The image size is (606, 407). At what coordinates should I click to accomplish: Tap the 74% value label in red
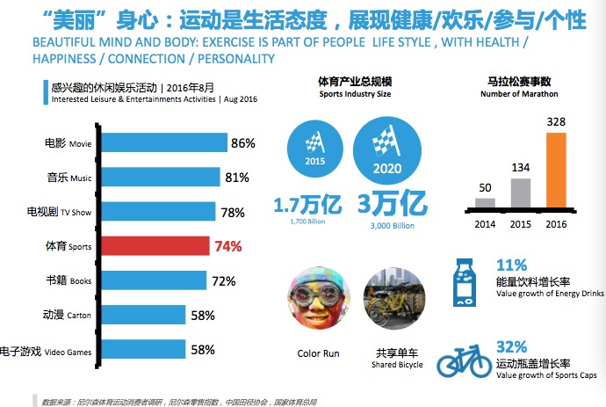tap(227, 247)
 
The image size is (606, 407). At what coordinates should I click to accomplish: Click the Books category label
tap(69, 281)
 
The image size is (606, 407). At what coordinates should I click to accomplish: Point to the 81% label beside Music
tap(237, 178)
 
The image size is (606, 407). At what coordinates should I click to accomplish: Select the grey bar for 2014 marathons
tap(485, 201)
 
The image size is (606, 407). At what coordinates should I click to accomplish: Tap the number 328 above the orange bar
tap(557, 121)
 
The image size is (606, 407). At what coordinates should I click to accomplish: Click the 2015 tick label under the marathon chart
tap(521, 223)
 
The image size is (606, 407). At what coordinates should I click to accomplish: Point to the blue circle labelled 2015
tap(313, 146)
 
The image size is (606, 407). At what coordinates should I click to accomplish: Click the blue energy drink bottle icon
tap(466, 282)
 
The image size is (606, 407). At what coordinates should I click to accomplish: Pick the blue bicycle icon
tap(465, 362)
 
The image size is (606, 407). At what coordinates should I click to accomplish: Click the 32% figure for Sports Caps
tap(513, 346)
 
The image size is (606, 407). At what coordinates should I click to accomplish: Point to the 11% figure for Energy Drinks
tap(511, 265)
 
